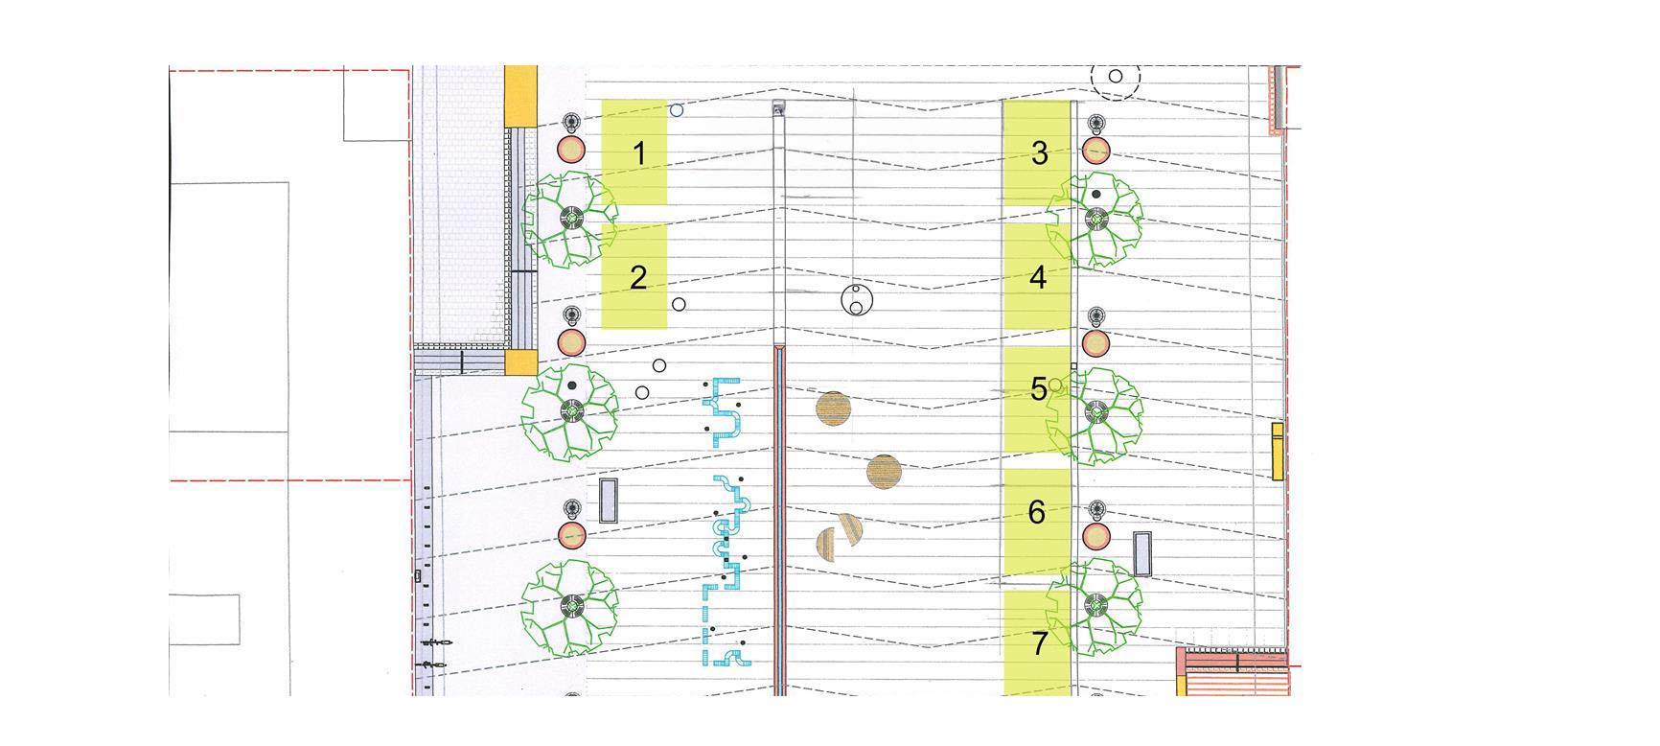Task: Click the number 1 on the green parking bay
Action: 640,153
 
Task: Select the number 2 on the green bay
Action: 639,278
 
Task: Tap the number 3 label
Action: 1040,152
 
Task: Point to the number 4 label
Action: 1038,277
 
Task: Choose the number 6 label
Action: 1036,512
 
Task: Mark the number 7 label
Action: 1041,643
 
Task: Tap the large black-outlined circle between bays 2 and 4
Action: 857,300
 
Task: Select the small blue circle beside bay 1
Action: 677,110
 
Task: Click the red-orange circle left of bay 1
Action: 571,150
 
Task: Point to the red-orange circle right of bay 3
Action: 1095,151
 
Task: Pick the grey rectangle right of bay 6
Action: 1141,553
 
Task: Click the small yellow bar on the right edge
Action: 1278,451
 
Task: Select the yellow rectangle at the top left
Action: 520,96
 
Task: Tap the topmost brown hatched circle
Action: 834,408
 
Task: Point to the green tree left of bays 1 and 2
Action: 570,219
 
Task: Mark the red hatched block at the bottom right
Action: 1231,670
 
